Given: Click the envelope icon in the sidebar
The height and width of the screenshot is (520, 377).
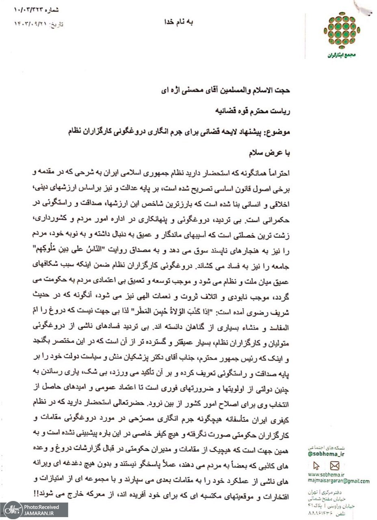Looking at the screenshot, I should (x=334, y=466).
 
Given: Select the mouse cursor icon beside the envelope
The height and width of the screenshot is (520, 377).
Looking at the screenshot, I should (x=318, y=466).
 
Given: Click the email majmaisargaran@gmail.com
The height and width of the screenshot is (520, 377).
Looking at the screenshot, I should (x=338, y=481).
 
